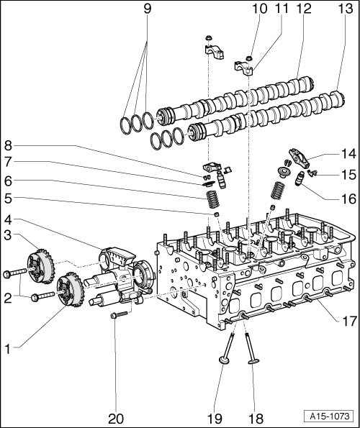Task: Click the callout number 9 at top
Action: click(147, 9)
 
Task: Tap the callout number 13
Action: click(346, 9)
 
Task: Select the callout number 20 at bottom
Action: click(116, 419)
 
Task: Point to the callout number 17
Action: click(349, 321)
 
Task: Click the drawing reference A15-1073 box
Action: click(330, 416)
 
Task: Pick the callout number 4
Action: click(8, 219)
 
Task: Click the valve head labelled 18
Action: click(253, 361)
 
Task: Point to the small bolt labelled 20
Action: click(120, 315)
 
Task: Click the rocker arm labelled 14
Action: click(300, 158)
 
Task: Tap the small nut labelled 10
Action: click(249, 58)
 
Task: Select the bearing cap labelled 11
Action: click(244, 68)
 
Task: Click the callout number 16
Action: click(349, 199)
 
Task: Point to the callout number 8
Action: click(8, 145)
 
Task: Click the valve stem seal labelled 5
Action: click(217, 214)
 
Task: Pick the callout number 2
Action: click(8, 299)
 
